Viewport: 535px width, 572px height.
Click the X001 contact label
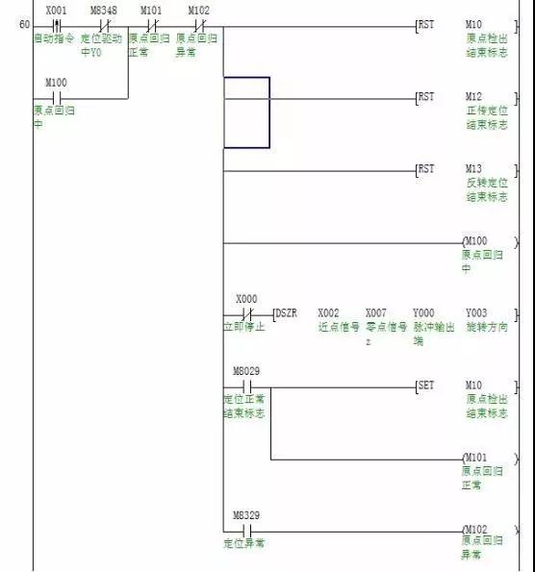tap(55, 9)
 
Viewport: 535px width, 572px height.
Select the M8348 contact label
tap(103, 9)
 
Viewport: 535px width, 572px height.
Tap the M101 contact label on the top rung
tap(151, 9)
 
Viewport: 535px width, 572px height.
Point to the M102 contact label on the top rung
tap(199, 9)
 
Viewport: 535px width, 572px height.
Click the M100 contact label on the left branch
tap(55, 83)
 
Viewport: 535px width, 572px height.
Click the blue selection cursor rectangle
tap(246, 112)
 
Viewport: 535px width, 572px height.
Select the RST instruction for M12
tap(426, 97)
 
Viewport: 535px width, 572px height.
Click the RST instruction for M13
tap(426, 169)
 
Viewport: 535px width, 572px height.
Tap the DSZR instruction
tap(287, 313)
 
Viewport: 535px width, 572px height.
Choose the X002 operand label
tap(329, 313)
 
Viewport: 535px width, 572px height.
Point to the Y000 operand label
tap(423, 313)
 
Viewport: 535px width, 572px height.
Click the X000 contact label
tap(246, 299)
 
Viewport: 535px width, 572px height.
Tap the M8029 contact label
tap(246, 371)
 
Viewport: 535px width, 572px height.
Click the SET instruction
tap(426, 385)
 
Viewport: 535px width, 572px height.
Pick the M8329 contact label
tap(246, 515)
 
